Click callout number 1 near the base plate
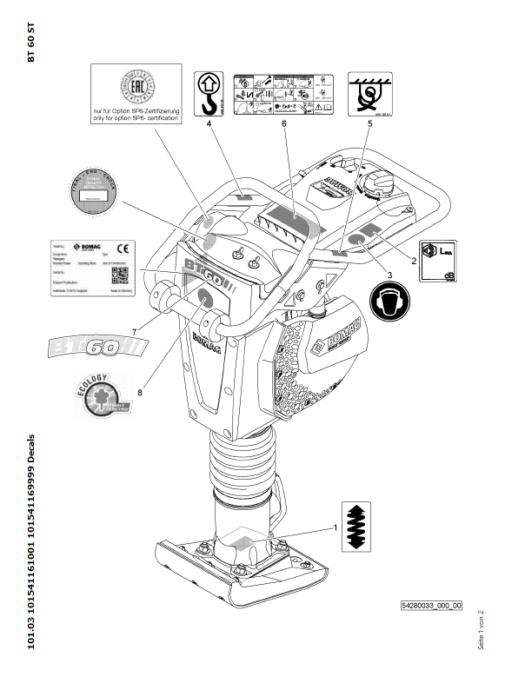[x=334, y=527]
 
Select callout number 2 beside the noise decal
[x=414, y=260]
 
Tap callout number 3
[x=389, y=275]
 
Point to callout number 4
[x=209, y=125]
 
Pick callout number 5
[x=369, y=125]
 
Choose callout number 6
[x=283, y=125]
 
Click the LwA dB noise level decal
[x=438, y=261]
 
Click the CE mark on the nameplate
[x=123, y=248]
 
